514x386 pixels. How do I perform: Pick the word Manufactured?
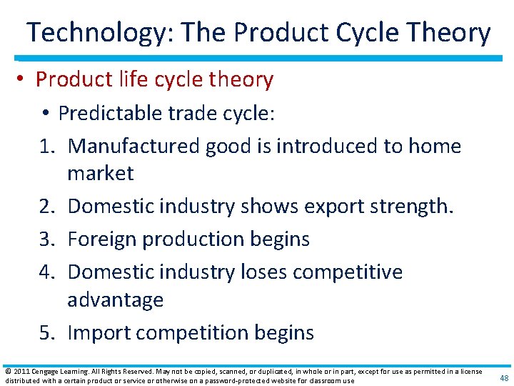tap(133, 147)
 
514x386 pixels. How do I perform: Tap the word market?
tap(100, 174)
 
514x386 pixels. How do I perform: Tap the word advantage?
tap(115, 300)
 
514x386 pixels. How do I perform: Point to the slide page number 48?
tap(504, 378)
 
